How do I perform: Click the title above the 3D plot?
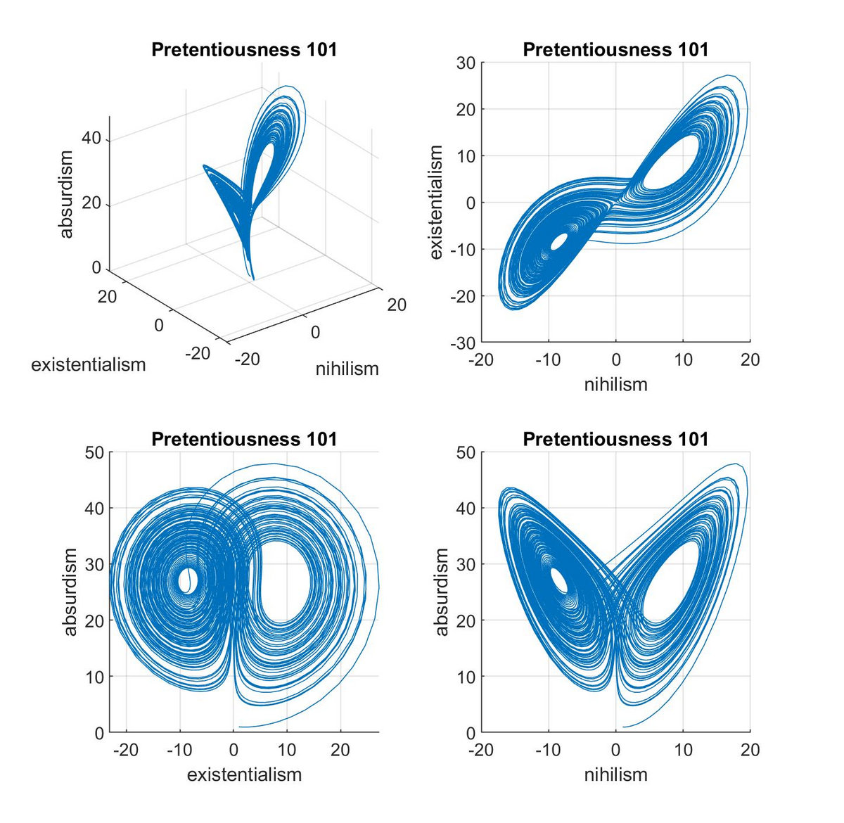coord(244,50)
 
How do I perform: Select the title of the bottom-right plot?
coord(615,440)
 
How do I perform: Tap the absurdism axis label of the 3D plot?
coord(67,194)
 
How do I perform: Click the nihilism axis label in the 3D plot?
coord(347,369)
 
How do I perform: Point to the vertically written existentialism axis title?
coord(437,203)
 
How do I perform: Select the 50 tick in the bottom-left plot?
coord(94,452)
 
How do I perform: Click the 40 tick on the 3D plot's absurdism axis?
coord(91,139)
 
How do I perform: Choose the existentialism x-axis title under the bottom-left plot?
coord(244,774)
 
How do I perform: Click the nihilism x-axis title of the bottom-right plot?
coord(615,774)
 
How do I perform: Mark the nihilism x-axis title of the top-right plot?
coord(615,384)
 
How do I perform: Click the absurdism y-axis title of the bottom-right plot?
coord(442,592)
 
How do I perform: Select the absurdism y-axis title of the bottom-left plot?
coord(70,592)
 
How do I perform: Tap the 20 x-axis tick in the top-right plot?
coord(750,360)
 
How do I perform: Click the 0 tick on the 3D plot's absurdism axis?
coord(96,268)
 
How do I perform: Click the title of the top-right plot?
coord(615,50)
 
